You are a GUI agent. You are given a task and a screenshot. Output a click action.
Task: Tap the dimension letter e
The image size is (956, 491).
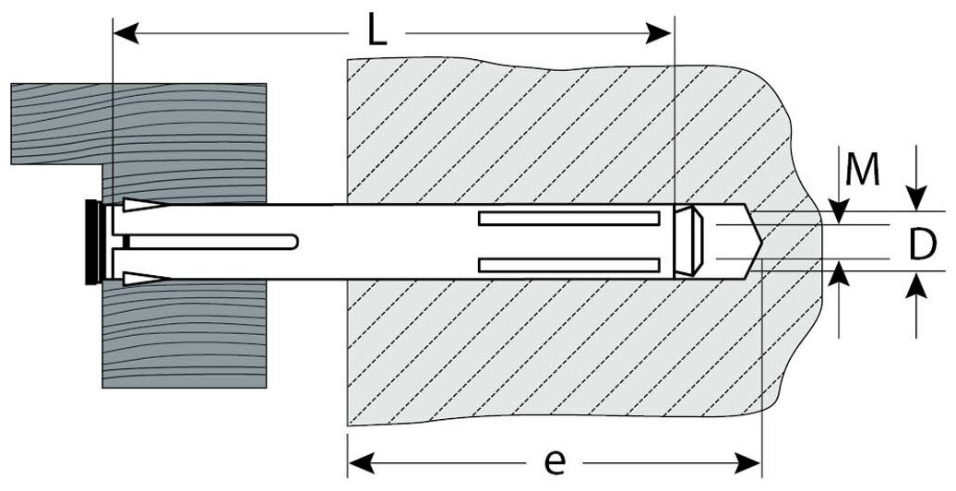point(554,461)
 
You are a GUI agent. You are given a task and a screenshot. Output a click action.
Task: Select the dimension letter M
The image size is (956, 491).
point(862,171)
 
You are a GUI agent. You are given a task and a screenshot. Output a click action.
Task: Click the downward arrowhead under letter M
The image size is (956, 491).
point(839,213)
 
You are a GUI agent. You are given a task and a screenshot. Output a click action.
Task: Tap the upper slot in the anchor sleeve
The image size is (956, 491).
point(569,219)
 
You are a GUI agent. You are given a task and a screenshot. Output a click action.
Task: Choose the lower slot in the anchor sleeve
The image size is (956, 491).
point(569,265)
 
